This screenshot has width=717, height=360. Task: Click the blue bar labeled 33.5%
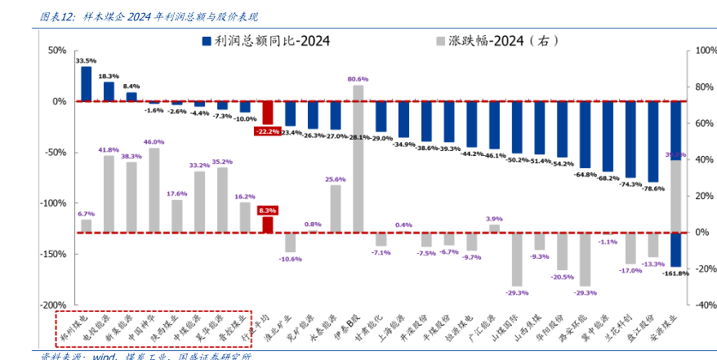tap(87, 84)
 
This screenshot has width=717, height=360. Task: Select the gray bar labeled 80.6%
tap(358, 158)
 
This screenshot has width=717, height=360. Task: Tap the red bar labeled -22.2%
tap(267, 113)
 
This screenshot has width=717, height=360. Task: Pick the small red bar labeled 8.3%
tap(267, 224)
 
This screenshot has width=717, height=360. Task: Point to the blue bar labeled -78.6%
tap(652, 141)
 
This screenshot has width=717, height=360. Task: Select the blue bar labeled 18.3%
tap(109, 91)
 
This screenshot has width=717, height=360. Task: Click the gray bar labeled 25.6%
tap(335, 208)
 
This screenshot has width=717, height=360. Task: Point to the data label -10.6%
tap(290, 259)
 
